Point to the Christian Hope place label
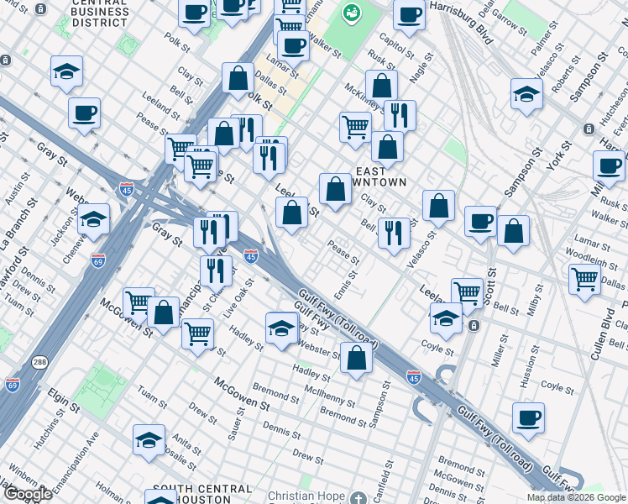click(306, 496)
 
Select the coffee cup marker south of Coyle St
click(528, 417)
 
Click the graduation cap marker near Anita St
click(149, 439)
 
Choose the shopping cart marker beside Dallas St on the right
click(585, 278)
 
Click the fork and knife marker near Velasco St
click(393, 233)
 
